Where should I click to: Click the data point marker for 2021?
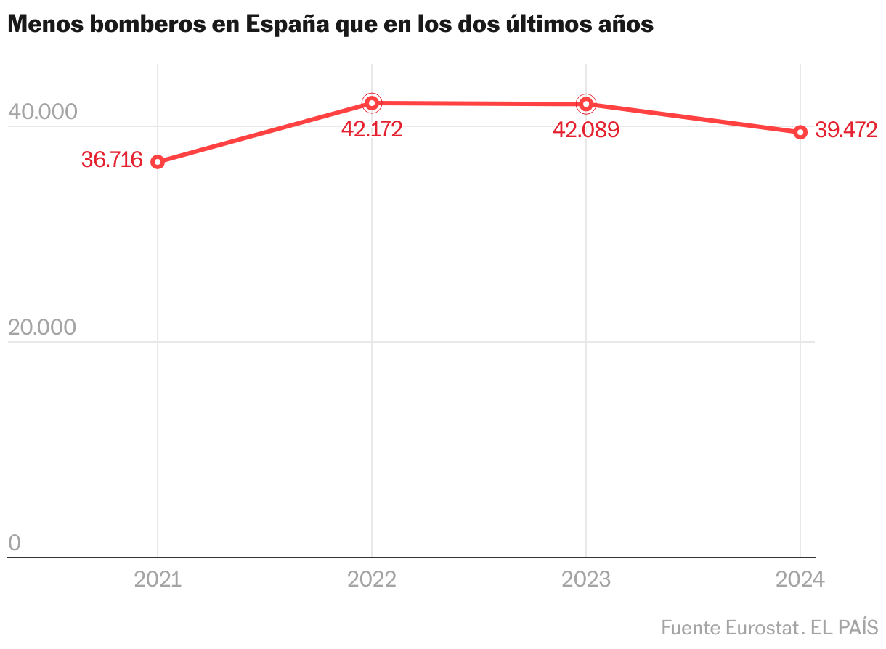(158, 162)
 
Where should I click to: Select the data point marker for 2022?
(372, 103)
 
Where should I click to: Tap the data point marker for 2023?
(586, 104)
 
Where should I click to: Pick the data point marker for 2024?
(800, 132)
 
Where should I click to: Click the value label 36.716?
(112, 160)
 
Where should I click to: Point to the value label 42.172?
(372, 130)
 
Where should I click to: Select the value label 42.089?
(586, 131)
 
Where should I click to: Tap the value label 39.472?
(847, 131)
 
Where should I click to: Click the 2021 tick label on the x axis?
(158, 579)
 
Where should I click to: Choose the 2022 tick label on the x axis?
(372, 579)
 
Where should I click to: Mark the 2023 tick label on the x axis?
(586, 579)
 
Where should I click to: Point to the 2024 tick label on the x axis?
(800, 579)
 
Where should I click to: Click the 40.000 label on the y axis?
(42, 113)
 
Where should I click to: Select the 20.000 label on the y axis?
(42, 328)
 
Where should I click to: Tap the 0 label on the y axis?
(15, 543)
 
